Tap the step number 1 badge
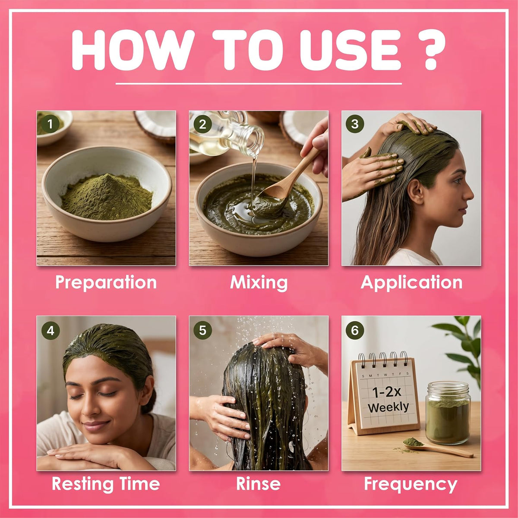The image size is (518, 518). coord(50,124)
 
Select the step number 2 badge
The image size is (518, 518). coord(202,124)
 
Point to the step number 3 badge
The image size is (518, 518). coord(355,124)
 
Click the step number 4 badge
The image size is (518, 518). coord(51,331)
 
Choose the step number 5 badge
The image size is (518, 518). coord(203,330)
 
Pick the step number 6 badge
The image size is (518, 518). coord(355,330)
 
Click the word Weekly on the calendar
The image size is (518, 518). coord(388,407)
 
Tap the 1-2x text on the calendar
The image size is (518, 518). coord(386,392)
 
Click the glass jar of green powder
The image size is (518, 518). coord(448,413)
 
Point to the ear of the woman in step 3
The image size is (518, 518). coord(416,191)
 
